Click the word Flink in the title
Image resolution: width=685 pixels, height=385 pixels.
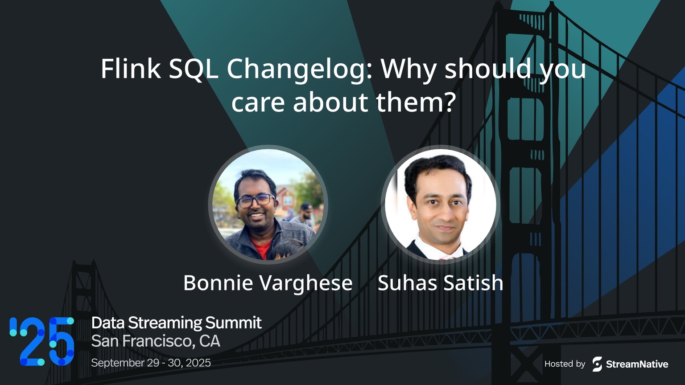(x=130, y=69)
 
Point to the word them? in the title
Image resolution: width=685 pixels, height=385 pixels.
(x=416, y=102)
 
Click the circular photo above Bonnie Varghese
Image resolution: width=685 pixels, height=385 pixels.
(x=268, y=205)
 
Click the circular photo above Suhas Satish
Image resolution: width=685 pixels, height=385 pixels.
(x=441, y=205)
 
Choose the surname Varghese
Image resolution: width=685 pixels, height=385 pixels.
(x=306, y=283)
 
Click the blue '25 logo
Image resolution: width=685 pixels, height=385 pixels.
(x=42, y=341)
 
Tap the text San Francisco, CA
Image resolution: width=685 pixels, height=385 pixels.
(x=156, y=341)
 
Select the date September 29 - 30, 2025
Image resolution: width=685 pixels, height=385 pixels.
(x=151, y=363)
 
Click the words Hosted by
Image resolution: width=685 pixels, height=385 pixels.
(x=565, y=364)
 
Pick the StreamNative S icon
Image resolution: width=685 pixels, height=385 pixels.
(x=597, y=364)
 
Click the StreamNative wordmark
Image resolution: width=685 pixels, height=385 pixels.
(x=637, y=364)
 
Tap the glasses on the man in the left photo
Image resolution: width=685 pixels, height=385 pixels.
(x=256, y=201)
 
